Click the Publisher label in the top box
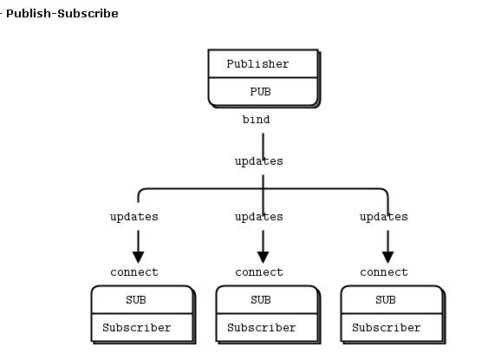257,64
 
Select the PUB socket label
260,92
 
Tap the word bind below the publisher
256,120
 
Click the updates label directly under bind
259,161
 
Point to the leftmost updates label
134,217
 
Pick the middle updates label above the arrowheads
259,217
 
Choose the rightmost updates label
384,217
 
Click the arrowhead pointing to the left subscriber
139,258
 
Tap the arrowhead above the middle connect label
264,258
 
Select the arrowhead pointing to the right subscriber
388,258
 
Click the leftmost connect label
134,272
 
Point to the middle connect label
259,272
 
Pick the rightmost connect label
384,272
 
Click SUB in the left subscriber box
136,300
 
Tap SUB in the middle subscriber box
261,300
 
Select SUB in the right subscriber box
386,300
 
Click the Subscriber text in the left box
136,328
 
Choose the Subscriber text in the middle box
261,328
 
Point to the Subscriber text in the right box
386,328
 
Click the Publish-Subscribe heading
62,14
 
